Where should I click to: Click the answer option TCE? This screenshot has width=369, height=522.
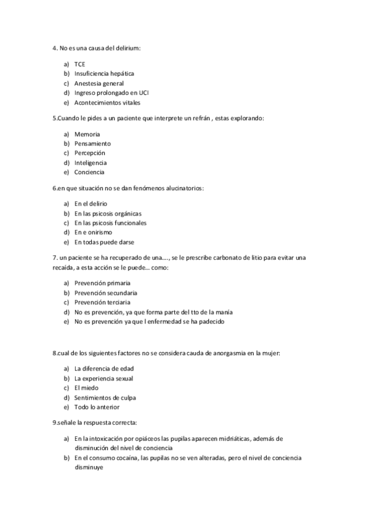tap(79, 64)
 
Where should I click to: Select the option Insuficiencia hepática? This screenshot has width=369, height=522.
tap(103, 73)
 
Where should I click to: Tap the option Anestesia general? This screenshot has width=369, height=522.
tap(99, 83)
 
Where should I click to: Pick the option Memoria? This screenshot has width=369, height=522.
tap(87, 134)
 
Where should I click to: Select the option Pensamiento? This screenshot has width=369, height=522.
tap(92, 143)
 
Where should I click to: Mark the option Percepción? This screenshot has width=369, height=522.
tap(90, 153)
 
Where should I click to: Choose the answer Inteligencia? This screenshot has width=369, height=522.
tap(91, 163)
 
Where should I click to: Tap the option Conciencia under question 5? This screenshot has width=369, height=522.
tap(89, 172)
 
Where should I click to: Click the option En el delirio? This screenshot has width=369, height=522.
tap(91, 203)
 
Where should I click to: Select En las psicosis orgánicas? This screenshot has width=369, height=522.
tap(103, 213)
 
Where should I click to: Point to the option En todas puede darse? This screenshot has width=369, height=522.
tap(104, 242)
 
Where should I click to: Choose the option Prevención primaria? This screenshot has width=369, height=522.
tap(102, 283)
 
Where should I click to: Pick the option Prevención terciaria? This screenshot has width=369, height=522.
tap(102, 302)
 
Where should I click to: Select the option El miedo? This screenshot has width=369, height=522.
tap(86, 388)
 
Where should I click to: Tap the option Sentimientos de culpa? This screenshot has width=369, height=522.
tap(105, 398)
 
